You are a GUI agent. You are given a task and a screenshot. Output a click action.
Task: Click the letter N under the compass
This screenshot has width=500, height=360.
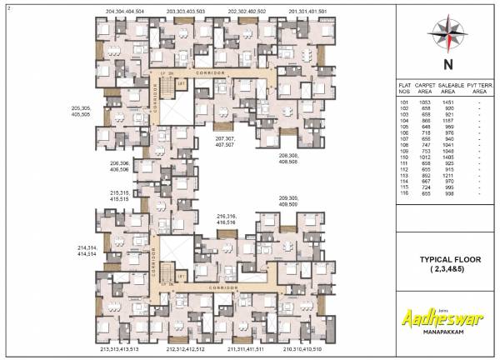click(449, 63)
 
